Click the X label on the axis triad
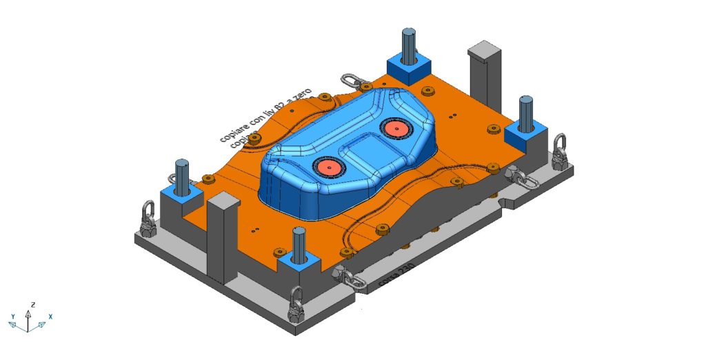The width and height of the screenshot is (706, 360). point(50,317)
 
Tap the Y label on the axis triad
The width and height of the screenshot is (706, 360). point(12,317)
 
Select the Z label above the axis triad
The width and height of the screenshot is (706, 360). point(32,303)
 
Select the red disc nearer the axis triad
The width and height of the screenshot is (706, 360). point(328,167)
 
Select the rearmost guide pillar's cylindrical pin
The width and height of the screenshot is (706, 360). point(408,45)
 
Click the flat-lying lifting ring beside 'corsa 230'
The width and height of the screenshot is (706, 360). point(350,278)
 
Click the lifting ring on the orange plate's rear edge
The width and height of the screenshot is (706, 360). point(351,81)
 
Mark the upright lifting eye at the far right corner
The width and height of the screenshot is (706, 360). point(560,148)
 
